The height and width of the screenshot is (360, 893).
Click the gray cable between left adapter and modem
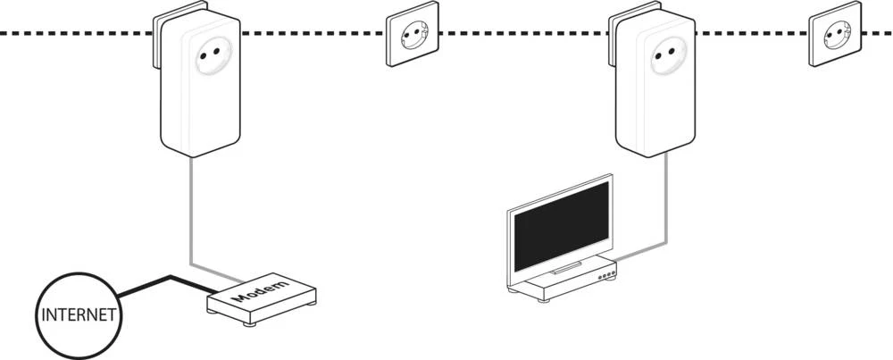191,214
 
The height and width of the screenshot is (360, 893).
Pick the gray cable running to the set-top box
663,205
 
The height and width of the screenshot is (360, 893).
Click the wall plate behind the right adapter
612,36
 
